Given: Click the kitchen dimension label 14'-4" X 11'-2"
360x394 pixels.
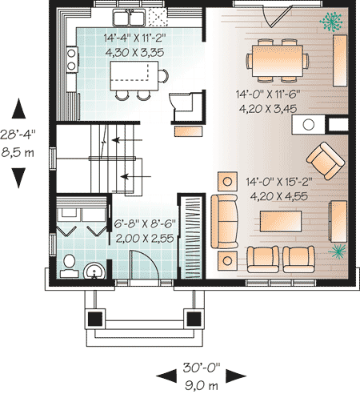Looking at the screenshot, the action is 134,38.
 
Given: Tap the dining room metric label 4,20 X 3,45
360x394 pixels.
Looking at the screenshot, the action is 268,109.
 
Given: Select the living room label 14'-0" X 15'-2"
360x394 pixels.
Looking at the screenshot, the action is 278,182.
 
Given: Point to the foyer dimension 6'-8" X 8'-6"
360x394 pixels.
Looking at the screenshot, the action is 145,223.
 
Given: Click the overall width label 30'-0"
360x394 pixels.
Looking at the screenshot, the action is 202,368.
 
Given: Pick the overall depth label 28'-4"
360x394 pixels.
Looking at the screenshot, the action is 18,135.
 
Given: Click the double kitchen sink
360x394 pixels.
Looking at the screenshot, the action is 129,18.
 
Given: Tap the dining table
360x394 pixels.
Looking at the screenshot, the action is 278,61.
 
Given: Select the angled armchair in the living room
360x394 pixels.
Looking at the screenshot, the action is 326,161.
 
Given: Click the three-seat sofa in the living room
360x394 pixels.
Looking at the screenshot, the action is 224,222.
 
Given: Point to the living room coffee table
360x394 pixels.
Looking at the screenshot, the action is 281,221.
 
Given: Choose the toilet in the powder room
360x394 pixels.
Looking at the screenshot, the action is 69,266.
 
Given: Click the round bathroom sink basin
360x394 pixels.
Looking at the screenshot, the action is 94,271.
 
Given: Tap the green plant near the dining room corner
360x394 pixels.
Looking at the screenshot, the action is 330,22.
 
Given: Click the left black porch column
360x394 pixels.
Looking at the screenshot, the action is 95,319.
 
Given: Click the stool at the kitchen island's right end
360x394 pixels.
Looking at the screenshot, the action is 163,76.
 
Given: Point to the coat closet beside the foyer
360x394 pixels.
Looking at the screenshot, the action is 191,236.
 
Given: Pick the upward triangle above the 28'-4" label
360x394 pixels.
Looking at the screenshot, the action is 18,108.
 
